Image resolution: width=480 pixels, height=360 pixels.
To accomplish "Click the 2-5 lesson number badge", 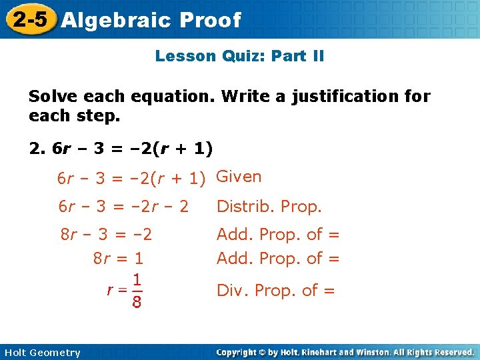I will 30,19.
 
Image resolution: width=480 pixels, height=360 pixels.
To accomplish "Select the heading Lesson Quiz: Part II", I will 239,56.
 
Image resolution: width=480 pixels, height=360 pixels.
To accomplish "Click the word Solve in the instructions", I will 51,97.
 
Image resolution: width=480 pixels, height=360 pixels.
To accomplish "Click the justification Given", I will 239,177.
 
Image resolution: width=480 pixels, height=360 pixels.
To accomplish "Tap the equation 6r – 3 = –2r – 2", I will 123,207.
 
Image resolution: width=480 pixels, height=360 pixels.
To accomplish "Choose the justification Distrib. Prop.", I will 269,207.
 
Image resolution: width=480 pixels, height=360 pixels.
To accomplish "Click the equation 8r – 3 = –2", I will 106,235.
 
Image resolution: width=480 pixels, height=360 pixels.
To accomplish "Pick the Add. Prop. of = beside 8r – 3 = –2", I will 278,235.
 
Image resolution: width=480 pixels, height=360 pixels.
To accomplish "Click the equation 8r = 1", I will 118,257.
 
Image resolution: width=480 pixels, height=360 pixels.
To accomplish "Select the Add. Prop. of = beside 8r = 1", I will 278,257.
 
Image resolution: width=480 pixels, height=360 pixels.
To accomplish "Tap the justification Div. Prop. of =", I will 275,290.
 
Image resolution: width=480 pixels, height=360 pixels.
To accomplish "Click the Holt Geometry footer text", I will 41,353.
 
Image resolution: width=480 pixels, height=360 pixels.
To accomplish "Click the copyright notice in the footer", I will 345,352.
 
